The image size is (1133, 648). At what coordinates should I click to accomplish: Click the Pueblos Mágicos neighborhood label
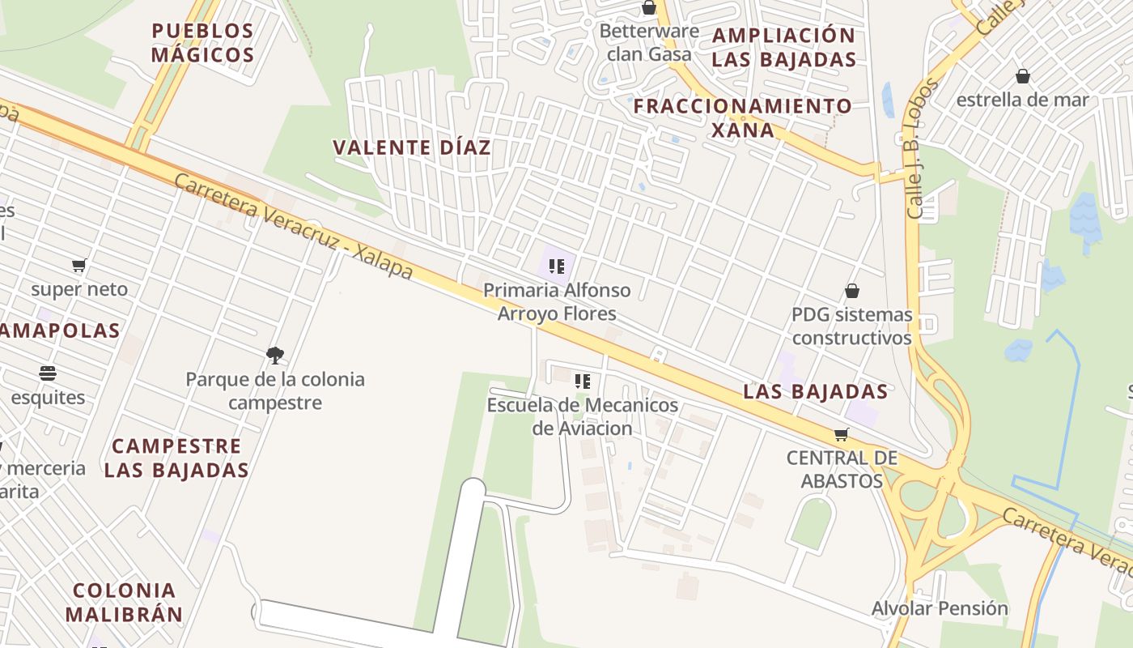[x=202, y=43]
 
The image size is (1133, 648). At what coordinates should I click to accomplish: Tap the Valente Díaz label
[x=412, y=147]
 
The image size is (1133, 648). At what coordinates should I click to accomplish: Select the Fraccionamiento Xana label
[x=742, y=117]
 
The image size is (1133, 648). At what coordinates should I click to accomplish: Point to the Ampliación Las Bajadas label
[x=783, y=47]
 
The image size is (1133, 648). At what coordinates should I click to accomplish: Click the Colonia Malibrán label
[x=124, y=602]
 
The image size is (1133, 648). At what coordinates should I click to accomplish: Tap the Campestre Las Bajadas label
[x=176, y=458]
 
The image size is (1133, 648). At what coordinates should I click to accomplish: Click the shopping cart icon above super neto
[x=79, y=266]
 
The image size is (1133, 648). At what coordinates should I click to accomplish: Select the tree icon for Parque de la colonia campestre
[x=275, y=355]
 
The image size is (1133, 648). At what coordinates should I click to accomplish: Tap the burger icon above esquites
[x=48, y=373]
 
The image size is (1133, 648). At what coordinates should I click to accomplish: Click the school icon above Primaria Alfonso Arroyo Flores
[x=556, y=266]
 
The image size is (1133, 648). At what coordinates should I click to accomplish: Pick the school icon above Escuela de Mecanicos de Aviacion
[x=582, y=381]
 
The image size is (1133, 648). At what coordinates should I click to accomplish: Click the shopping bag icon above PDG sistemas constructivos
[x=852, y=291]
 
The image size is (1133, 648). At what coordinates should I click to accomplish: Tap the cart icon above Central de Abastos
[x=842, y=435]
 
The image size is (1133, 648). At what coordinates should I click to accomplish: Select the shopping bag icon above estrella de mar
[x=1023, y=76]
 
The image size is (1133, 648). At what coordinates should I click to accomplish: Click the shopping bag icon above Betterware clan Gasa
[x=649, y=8]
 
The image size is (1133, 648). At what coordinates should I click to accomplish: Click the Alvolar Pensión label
[x=940, y=608]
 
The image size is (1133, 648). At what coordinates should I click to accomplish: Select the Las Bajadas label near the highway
[x=815, y=392]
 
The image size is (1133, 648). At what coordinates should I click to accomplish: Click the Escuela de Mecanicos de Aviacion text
[x=582, y=416]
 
